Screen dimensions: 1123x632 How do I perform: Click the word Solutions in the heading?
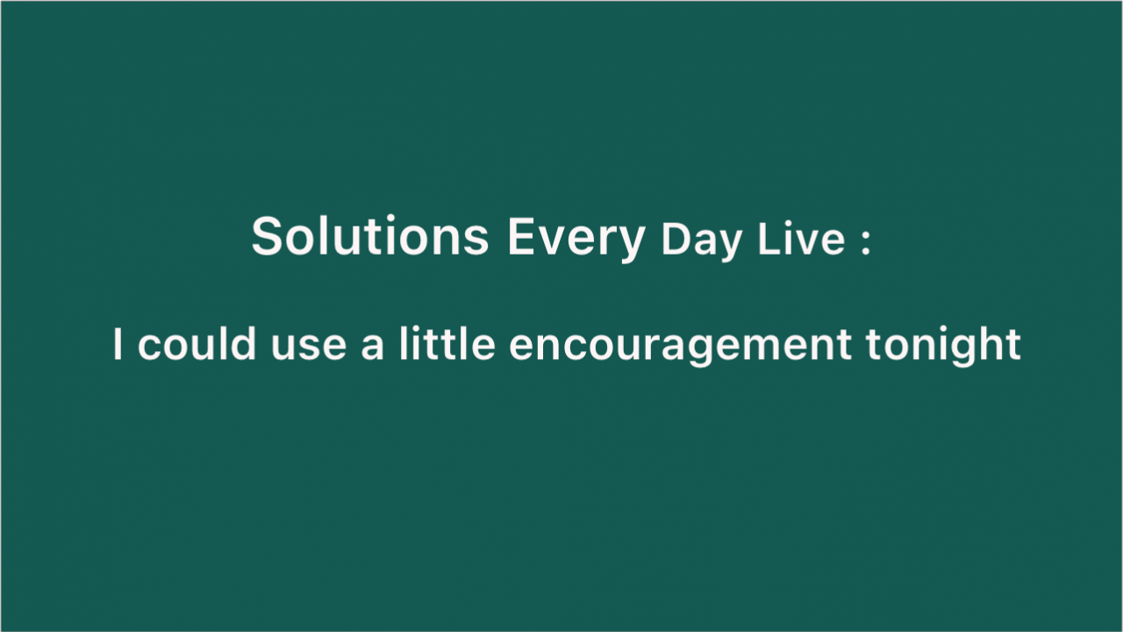(370, 236)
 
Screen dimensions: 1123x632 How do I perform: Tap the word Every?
(576, 240)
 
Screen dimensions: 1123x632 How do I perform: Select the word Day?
(701, 241)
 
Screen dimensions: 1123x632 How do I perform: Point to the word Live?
(802, 239)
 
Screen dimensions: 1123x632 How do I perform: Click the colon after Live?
(866, 243)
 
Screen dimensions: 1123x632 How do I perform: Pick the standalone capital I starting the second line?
(118, 343)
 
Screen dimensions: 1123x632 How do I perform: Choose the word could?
(197, 343)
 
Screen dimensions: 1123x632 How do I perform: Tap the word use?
(309, 348)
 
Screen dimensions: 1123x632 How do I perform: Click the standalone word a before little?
(373, 348)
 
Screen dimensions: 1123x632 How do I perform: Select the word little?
(447, 343)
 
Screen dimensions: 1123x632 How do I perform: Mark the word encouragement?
(680, 347)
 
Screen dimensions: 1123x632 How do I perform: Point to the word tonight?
(943, 346)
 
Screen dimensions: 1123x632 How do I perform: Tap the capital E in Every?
(521, 236)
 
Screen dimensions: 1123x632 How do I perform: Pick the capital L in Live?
(769, 239)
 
